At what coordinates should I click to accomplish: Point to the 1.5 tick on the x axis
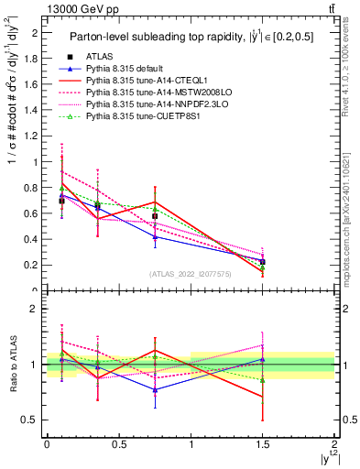pos(263,444)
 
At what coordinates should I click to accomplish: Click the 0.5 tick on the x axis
pos(118,444)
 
